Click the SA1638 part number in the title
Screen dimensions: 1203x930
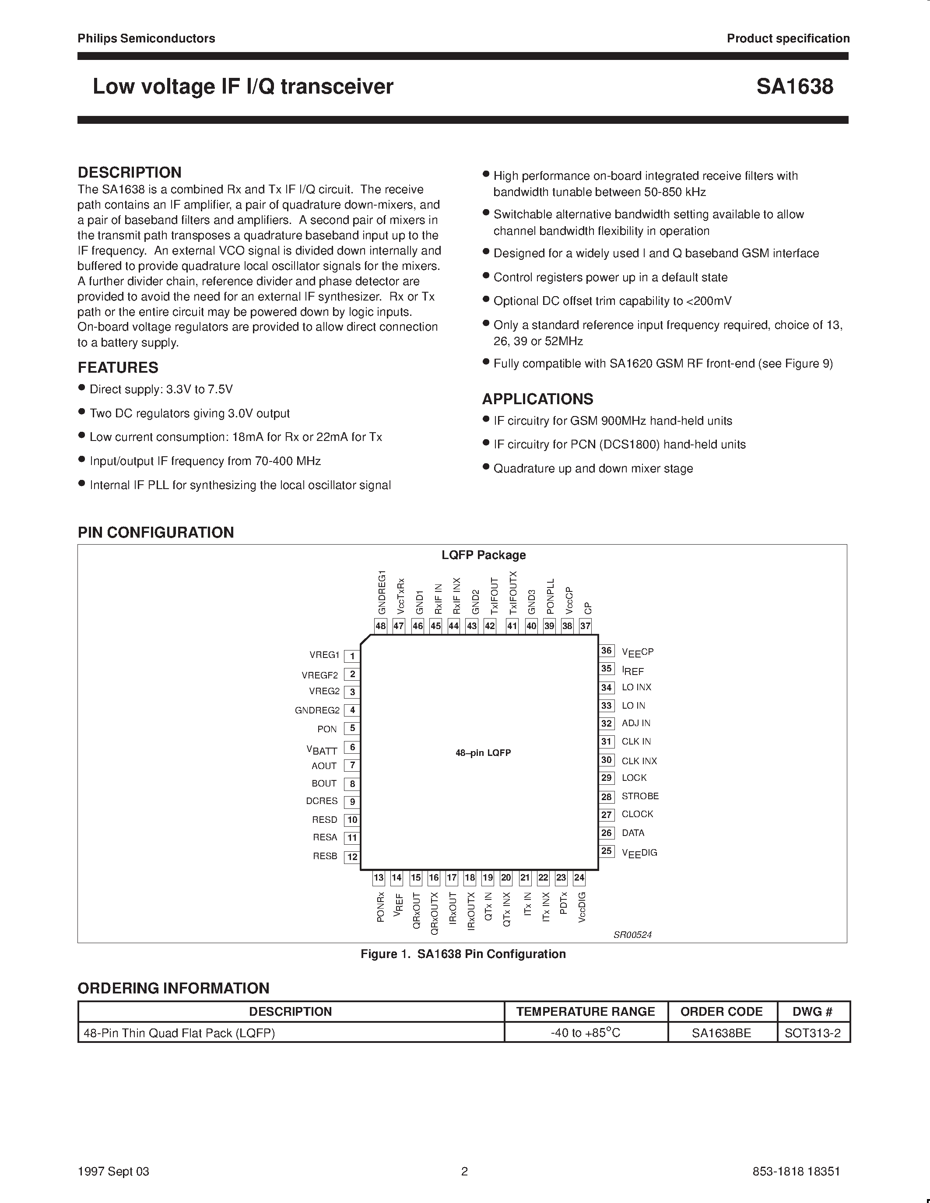pyautogui.click(x=794, y=87)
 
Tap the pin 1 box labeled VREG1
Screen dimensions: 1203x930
pyautogui.click(x=352, y=656)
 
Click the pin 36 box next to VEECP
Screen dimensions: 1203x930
pyautogui.click(x=607, y=651)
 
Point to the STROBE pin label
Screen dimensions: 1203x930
pyautogui.click(x=640, y=796)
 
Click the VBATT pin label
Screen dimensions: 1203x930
pyautogui.click(x=322, y=750)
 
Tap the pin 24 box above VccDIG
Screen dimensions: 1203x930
pyautogui.click(x=579, y=878)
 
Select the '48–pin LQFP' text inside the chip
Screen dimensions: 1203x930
pyautogui.click(x=483, y=753)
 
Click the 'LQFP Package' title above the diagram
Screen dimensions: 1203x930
pyautogui.click(x=483, y=555)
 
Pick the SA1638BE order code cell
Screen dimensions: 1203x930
pyautogui.click(x=721, y=1033)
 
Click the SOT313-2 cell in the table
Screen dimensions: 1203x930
pyautogui.click(x=813, y=1033)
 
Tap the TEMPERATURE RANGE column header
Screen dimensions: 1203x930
pyautogui.click(x=585, y=1011)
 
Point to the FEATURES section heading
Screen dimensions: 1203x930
pyautogui.click(x=118, y=367)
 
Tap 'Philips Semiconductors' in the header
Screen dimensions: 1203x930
pyautogui.click(x=146, y=38)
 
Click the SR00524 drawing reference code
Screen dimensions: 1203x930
pyautogui.click(x=632, y=935)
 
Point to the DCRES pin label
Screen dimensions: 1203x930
pyautogui.click(x=322, y=801)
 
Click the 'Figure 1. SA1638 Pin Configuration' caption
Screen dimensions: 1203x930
pyautogui.click(x=463, y=954)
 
